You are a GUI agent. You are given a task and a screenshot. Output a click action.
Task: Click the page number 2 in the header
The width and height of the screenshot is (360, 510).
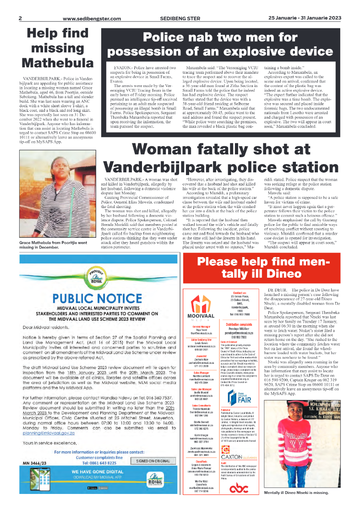click(x=20, y=18)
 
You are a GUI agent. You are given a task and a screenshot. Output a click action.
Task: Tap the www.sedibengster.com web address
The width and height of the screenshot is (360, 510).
click(x=92, y=19)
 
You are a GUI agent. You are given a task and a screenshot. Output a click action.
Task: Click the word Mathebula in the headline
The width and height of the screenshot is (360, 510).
click(x=58, y=62)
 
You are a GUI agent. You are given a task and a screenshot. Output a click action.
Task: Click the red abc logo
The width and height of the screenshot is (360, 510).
click(x=240, y=489)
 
